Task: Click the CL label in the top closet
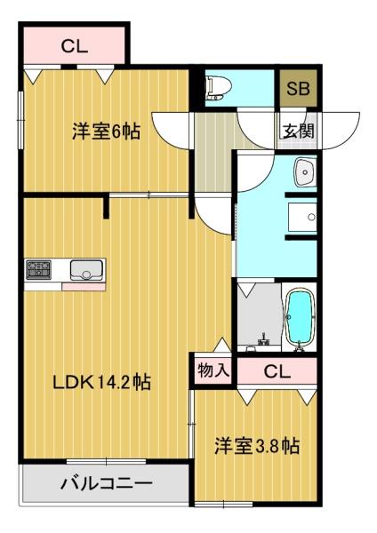pos(75,46)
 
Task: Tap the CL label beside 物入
pos(277,371)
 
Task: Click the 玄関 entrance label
pos(298,131)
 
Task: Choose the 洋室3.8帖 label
pos(256,446)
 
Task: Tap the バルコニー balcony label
pos(107,485)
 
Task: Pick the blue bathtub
pos(301,318)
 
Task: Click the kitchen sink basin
pos(87,270)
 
